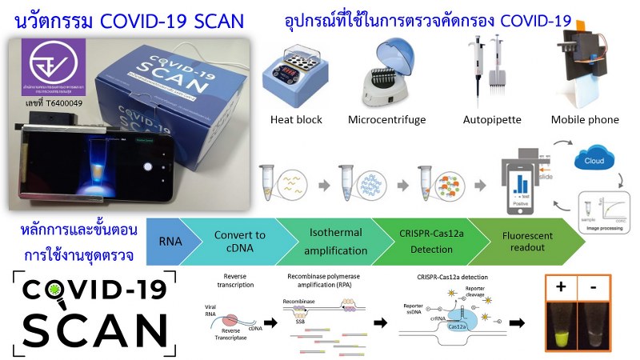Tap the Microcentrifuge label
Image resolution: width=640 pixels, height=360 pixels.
pyautogui.click(x=387, y=120)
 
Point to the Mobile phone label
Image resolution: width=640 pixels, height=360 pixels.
pyautogui.click(x=585, y=120)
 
